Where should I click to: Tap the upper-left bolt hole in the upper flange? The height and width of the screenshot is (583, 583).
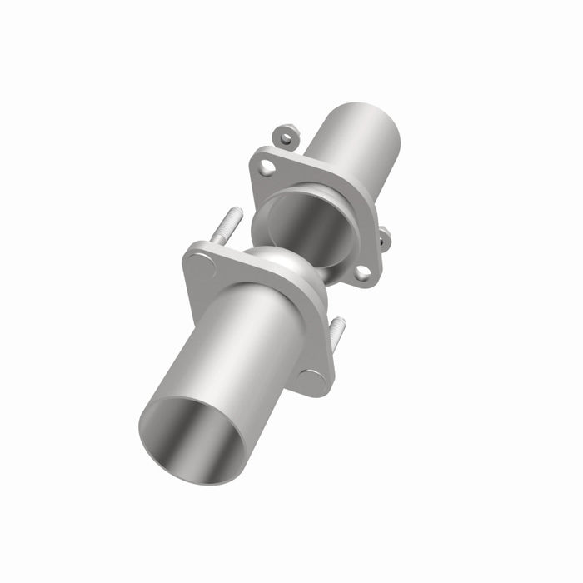click(x=267, y=167)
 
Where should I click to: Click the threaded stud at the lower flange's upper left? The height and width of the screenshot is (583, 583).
click(x=227, y=227)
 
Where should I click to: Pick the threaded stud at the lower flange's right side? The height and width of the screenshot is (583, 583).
click(x=336, y=331)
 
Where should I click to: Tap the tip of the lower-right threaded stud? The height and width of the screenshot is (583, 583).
click(x=340, y=320)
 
